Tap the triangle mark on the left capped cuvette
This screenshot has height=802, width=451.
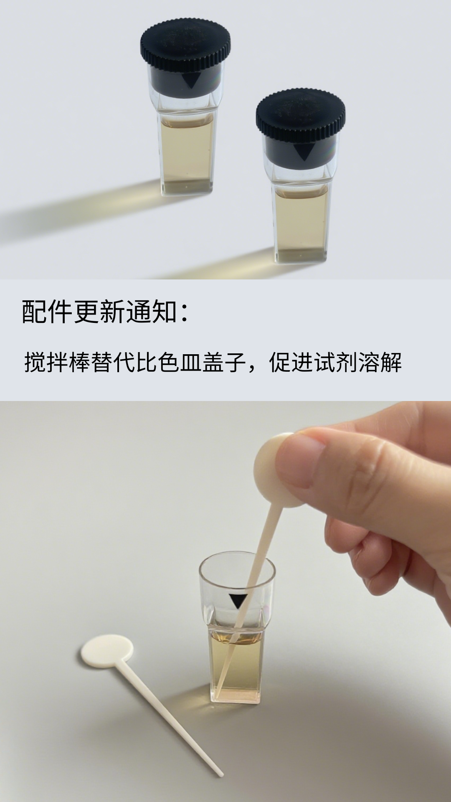point(191,81)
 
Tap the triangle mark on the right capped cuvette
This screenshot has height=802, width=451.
point(303,153)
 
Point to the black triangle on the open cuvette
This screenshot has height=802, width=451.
point(238,601)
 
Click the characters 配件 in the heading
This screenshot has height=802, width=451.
point(47,312)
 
